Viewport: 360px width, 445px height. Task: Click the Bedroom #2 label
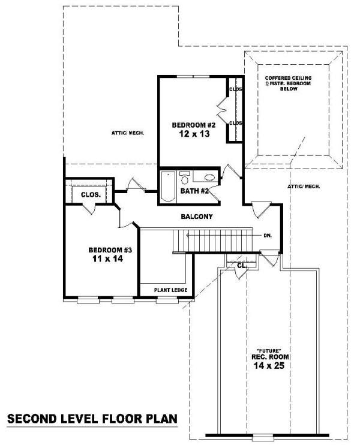194,125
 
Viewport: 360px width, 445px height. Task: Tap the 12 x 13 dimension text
194,134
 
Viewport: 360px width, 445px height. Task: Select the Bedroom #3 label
110,250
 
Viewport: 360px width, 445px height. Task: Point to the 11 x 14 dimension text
107,258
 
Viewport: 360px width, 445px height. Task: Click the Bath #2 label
194,191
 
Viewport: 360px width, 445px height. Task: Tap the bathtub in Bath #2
168,186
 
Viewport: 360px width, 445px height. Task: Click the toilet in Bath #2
185,179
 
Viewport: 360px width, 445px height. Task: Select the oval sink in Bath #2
210,178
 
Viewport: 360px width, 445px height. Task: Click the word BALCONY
197,217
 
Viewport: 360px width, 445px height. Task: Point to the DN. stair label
268,236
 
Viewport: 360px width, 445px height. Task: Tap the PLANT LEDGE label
170,290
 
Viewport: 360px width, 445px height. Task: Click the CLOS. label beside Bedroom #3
91,195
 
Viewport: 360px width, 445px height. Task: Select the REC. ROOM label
270,357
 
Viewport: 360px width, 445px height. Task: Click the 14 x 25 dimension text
269,366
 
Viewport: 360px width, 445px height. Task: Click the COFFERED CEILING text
288,78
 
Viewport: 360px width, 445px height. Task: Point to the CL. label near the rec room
242,266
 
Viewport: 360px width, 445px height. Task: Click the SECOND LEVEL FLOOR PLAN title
92,419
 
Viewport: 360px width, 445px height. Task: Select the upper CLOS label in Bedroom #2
236,89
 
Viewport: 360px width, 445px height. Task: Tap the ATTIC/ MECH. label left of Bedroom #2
128,133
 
